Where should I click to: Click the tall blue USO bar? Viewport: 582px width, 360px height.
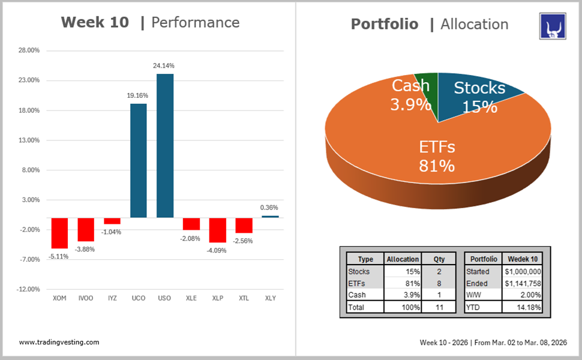click(x=164, y=145)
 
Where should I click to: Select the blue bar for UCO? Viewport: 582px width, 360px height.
click(x=139, y=160)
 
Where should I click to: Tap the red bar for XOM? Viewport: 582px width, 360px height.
click(x=59, y=233)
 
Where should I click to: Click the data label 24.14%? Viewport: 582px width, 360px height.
click(x=164, y=65)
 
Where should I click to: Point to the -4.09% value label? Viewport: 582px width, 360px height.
click(x=217, y=250)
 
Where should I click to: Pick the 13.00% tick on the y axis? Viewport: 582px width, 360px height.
click(x=28, y=140)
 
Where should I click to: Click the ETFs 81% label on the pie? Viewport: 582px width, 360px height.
click(x=437, y=156)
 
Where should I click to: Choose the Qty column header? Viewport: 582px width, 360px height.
click(x=439, y=259)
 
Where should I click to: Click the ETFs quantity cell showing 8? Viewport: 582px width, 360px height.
click(x=439, y=283)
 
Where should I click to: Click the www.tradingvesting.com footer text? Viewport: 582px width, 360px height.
click(x=59, y=342)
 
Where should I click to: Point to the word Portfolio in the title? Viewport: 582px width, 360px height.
click(x=384, y=24)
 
